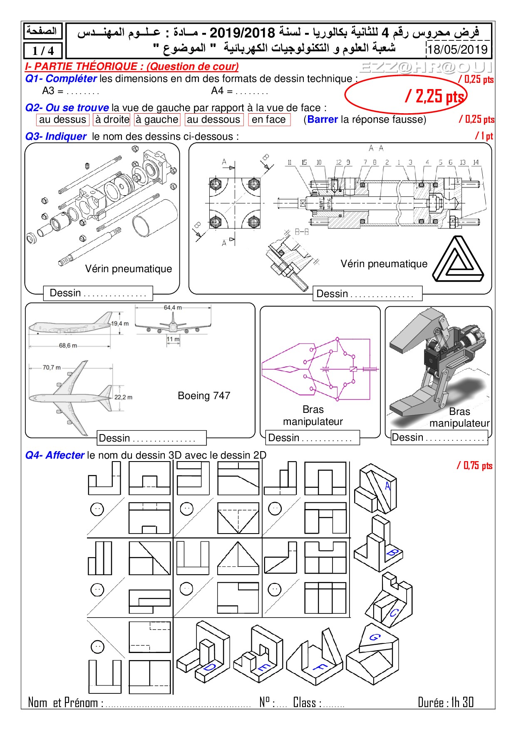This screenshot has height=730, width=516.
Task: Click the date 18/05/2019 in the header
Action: coord(457,50)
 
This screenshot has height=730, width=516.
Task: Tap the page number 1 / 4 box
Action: coord(43,51)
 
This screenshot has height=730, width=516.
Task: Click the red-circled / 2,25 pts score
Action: coord(435,96)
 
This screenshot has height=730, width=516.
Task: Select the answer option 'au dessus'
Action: coord(62,119)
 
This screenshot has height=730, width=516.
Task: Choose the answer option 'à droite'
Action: coord(112,119)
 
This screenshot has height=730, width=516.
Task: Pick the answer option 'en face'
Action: coord(269,119)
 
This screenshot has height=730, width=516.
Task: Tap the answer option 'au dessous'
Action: coord(213,119)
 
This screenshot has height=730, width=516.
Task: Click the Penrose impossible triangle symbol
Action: coord(458,259)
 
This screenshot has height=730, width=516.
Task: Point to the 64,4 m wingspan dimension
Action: coord(173,308)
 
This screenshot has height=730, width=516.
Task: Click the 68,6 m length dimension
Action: coord(68,345)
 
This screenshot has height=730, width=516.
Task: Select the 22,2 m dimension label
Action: coord(123,397)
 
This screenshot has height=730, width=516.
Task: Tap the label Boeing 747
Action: coord(204,395)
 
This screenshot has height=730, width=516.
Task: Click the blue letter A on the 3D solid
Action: coord(388,486)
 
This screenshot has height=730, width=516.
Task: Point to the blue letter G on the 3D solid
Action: coord(375,637)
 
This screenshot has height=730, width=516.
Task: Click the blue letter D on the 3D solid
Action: coord(210,667)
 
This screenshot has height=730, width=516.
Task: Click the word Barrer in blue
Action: coord(322,119)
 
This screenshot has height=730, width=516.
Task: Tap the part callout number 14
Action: coord(476,162)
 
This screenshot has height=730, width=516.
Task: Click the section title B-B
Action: coord(302,232)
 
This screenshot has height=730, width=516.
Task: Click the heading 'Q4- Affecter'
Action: coord(55,455)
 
